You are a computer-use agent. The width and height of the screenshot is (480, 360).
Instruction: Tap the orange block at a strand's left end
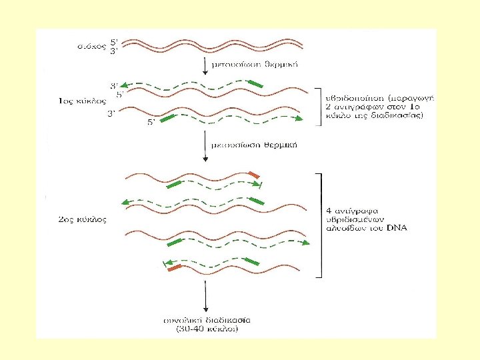coord(175,269)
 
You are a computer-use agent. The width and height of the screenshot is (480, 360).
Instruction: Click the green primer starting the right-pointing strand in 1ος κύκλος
coord(169,119)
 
